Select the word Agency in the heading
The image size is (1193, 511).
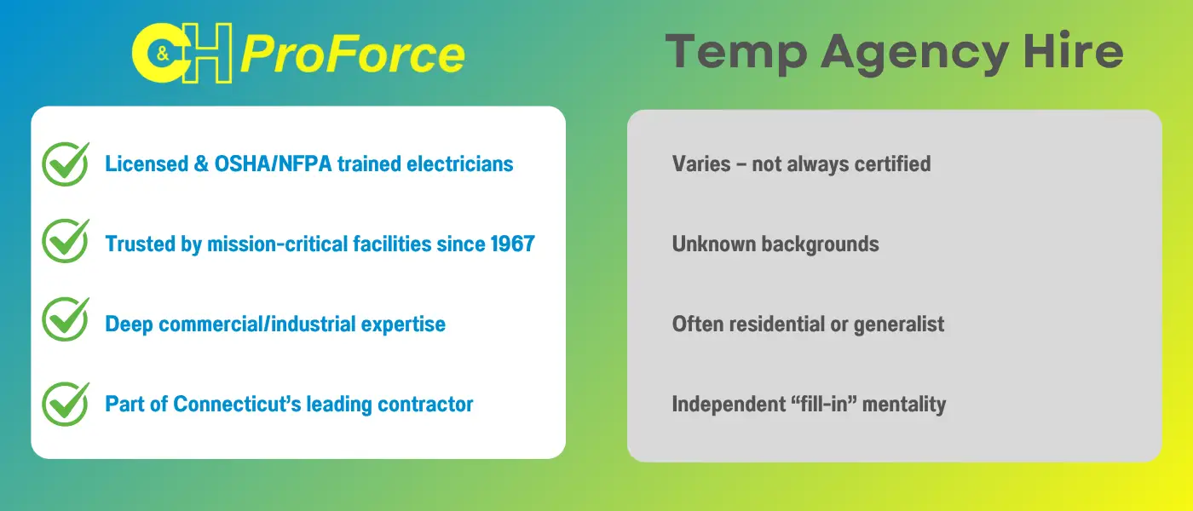914,54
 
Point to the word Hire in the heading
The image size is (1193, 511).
1073,51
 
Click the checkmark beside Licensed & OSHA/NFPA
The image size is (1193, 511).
66,164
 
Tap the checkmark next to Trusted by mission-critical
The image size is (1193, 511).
66,240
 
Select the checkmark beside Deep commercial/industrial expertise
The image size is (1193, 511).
66,319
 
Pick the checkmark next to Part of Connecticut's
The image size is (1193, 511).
66,404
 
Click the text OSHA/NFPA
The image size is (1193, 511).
274,164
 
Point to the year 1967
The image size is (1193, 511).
512,244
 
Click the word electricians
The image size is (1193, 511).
459,164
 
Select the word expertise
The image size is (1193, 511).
403,324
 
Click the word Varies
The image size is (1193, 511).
700,164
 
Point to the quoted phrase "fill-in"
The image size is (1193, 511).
823,404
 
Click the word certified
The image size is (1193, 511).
893,164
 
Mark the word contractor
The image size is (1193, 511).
425,405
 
